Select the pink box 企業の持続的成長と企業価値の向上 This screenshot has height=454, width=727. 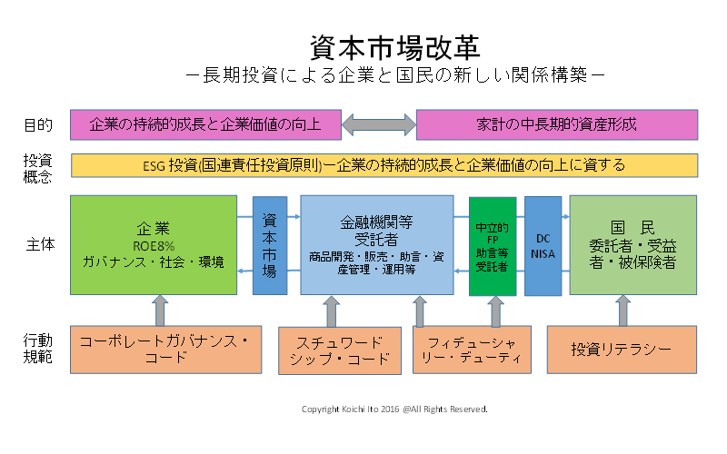click(x=205, y=124)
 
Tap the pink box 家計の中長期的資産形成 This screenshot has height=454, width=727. click(x=557, y=124)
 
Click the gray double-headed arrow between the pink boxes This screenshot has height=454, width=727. click(x=379, y=124)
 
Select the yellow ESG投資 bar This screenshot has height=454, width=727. click(x=384, y=165)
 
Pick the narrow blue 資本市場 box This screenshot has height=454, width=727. click(x=269, y=244)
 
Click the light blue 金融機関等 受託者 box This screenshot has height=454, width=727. click(x=376, y=244)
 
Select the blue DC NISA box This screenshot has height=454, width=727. click(x=543, y=244)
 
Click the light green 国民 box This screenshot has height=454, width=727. click(x=633, y=244)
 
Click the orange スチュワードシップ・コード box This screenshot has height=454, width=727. click(x=339, y=349)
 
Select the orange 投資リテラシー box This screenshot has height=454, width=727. click(x=622, y=349)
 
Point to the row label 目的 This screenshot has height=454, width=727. click(x=37, y=124)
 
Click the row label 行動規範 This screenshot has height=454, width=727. click(x=37, y=349)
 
